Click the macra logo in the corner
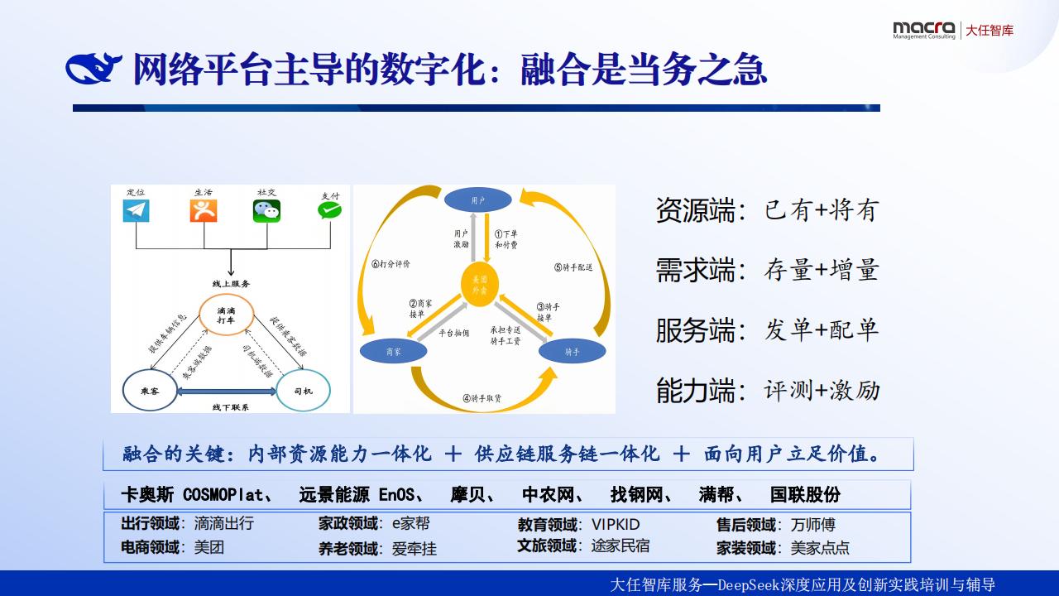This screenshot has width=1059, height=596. tap(923, 30)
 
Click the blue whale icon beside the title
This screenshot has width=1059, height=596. tap(93, 70)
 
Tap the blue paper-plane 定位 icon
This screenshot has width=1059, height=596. tap(136, 210)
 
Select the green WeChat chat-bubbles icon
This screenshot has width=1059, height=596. tap(266, 211)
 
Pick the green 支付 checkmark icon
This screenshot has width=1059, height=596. tap(329, 210)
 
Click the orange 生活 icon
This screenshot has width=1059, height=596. tap(203, 210)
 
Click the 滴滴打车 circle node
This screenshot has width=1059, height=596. tap(226, 315)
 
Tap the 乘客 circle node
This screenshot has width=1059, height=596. tap(150, 389)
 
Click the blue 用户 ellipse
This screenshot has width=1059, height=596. tap(478, 199)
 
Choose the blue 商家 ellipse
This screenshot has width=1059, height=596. tap(394, 351)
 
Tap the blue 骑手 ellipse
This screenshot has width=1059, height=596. tap(572, 351)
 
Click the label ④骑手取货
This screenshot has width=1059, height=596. tap(482, 398)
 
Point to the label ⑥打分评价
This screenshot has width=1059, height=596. tap(391, 264)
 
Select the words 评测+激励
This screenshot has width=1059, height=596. tap(822, 390)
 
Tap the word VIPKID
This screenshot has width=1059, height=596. tap(616, 525)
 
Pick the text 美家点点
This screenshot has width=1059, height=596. tap(819, 548)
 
